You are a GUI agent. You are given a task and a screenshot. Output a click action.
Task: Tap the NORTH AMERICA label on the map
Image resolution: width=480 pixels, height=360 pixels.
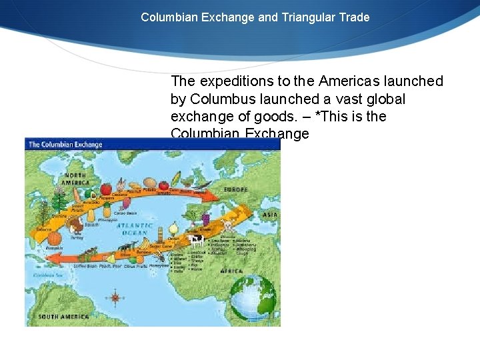tap(75, 179)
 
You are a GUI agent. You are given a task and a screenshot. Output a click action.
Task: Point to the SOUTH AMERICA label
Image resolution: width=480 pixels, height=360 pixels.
tap(63, 315)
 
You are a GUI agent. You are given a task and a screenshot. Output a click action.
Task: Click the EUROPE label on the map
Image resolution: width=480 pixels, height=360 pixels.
tap(235, 189)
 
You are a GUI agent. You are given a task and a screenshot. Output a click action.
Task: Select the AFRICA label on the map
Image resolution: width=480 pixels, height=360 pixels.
tap(231, 271)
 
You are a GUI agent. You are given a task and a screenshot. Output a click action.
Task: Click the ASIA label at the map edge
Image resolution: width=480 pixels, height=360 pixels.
tap(270, 215)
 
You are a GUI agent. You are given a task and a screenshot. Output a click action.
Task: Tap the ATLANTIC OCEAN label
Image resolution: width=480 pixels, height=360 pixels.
tap(136, 230)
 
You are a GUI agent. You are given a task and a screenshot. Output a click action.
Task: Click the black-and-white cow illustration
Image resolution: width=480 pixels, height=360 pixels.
tap(196, 241)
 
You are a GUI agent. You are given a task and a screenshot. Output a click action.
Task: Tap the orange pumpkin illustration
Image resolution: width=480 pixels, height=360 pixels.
tap(55, 238)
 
